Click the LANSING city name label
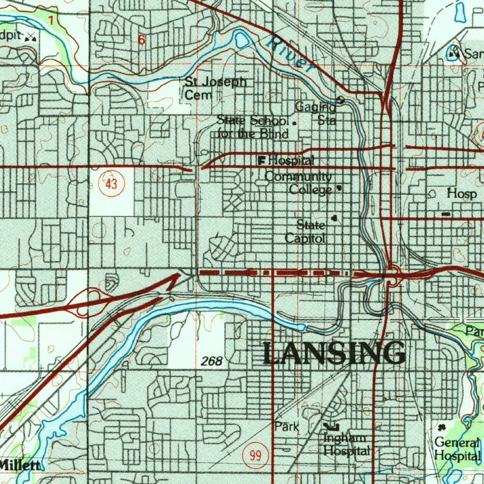click(x=334, y=354)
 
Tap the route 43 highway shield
click(x=112, y=184)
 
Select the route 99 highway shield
click(x=256, y=456)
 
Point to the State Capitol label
click(x=306, y=232)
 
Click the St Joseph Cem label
click(x=215, y=88)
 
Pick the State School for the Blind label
click(x=252, y=127)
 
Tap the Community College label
click(x=298, y=183)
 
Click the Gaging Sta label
click(x=316, y=113)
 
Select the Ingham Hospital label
click(x=346, y=445)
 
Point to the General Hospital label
click(x=457, y=449)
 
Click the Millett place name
click(x=20, y=465)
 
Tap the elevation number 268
click(x=211, y=362)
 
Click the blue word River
click(x=290, y=55)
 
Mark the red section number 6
click(x=141, y=40)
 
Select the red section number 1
click(x=51, y=19)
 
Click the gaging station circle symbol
click(x=340, y=99)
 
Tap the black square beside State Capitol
click(x=335, y=218)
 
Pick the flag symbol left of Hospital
click(x=261, y=161)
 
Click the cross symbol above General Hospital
click(x=442, y=427)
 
